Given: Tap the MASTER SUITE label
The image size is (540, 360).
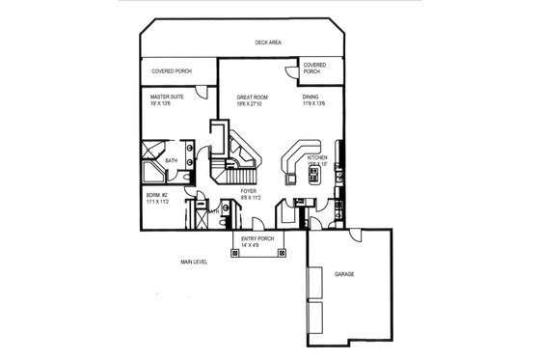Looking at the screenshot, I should [x=168, y=97].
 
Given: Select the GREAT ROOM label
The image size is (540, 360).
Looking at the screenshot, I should [x=254, y=97].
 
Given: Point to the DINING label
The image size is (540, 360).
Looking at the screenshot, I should [x=310, y=97].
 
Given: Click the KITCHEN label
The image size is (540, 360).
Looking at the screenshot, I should [x=318, y=156].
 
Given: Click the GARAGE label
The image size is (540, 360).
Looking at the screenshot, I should [x=344, y=275].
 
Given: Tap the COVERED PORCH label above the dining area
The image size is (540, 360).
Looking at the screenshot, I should [x=313, y=68].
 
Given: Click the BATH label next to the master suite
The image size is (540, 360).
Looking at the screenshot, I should [x=172, y=160].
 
